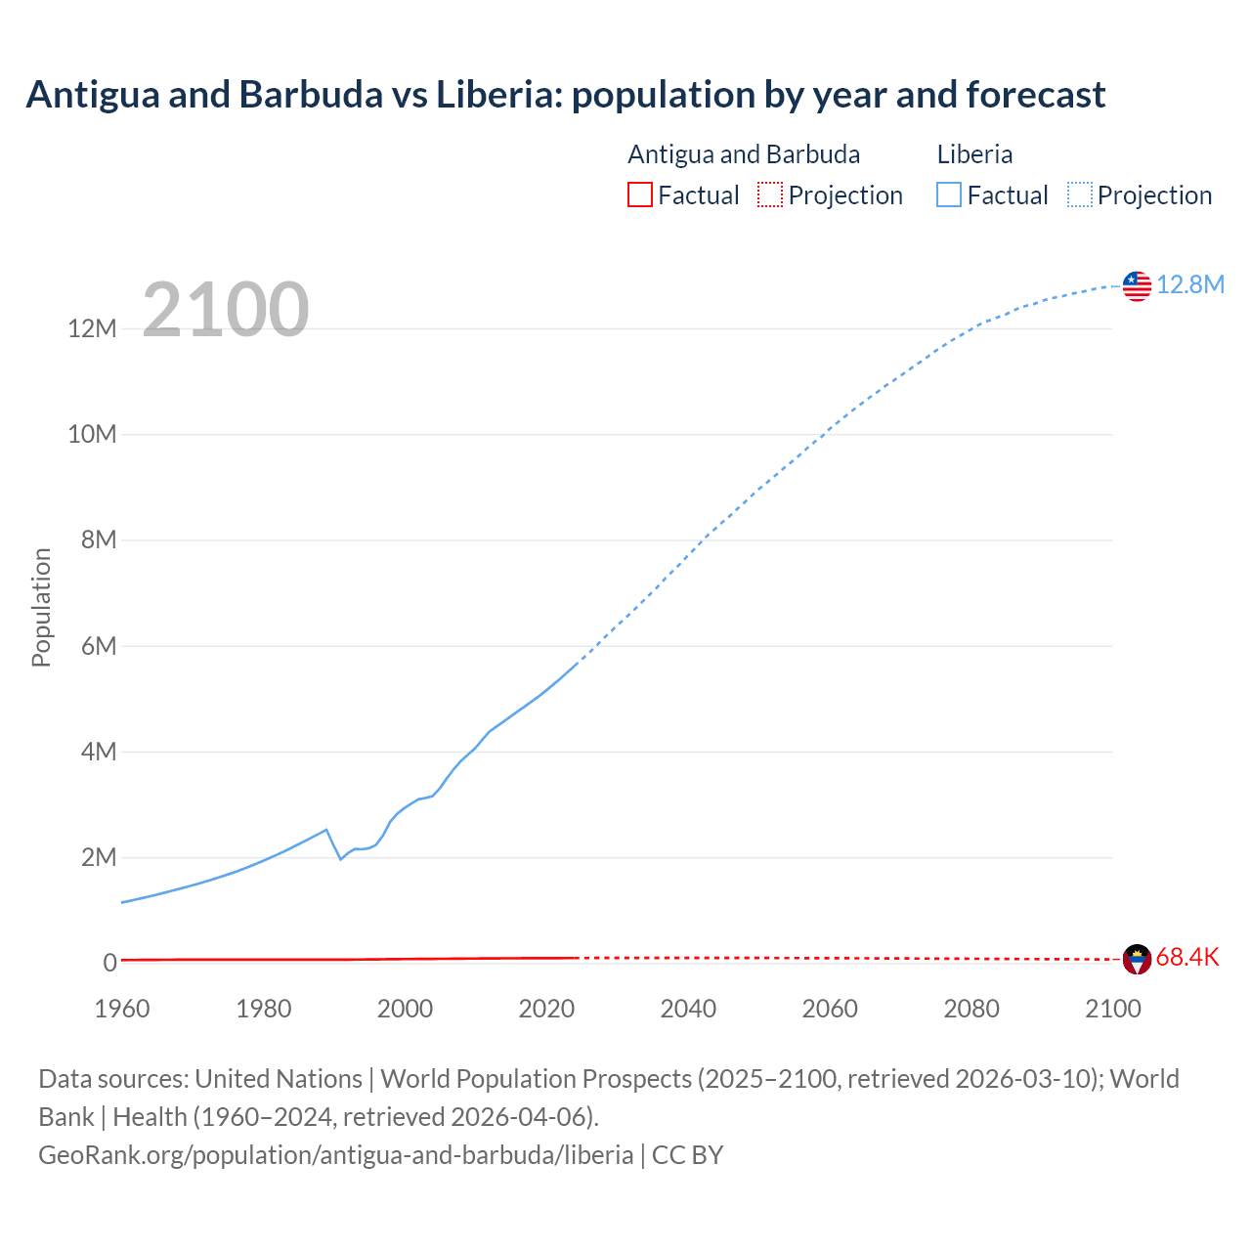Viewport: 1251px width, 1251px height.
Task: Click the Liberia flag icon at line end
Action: click(1137, 285)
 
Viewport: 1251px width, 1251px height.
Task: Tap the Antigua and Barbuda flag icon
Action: click(1137, 959)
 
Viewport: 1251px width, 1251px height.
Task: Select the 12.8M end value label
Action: click(1190, 284)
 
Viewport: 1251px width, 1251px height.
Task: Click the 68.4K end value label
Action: click(1187, 958)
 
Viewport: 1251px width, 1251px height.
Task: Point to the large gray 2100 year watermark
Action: click(226, 310)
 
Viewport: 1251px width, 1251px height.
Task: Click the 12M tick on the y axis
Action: click(93, 328)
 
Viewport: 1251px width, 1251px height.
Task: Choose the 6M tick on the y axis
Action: click(98, 646)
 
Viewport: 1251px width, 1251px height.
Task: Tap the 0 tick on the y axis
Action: click(109, 963)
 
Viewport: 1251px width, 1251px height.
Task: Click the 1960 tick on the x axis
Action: click(122, 1009)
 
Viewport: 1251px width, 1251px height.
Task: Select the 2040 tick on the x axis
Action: click(688, 1009)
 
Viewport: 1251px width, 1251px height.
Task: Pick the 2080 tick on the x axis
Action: click(971, 1009)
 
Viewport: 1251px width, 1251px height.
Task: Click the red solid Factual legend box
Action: click(640, 195)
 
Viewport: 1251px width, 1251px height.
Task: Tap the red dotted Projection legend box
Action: click(770, 195)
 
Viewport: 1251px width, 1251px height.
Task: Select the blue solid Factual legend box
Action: click(949, 195)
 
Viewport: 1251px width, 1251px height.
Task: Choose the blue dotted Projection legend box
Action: click(1080, 195)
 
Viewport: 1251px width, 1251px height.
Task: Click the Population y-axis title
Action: click(41, 607)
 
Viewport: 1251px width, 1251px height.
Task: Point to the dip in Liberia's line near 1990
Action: click(340, 858)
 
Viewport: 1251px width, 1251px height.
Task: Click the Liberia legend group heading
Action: click(974, 154)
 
